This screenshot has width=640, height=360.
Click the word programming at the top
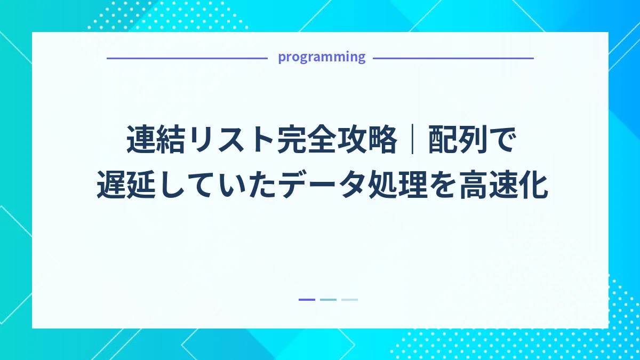(x=322, y=57)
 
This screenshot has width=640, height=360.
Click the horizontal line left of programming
(x=187, y=58)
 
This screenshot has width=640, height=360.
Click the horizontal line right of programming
(x=453, y=58)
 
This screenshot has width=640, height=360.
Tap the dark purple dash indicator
(x=307, y=300)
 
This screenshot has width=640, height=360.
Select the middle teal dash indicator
(x=328, y=300)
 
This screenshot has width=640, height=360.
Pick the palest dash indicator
(x=349, y=300)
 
